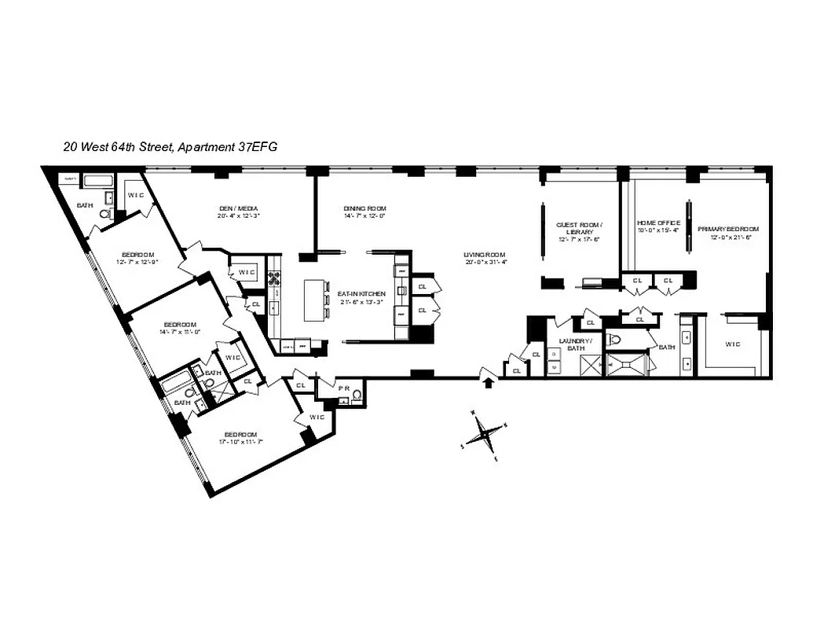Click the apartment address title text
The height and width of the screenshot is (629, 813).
pos(170,146)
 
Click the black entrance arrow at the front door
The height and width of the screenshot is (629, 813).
pos(489,382)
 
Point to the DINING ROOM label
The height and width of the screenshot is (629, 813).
pos(365,209)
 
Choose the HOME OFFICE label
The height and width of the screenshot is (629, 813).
pos(658,223)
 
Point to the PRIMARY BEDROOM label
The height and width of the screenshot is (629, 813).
pos(728,229)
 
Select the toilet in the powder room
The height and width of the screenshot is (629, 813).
pos(357,395)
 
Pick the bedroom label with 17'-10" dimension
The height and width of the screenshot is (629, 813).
pos(240,435)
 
